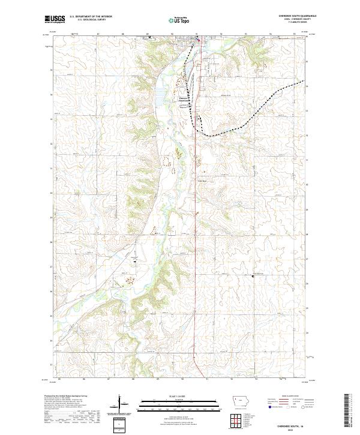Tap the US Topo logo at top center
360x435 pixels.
click(x=181, y=20)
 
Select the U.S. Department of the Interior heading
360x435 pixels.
click(x=91, y=17)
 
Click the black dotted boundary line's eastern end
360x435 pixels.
click(x=303, y=80)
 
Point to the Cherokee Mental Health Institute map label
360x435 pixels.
click(x=183, y=101)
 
